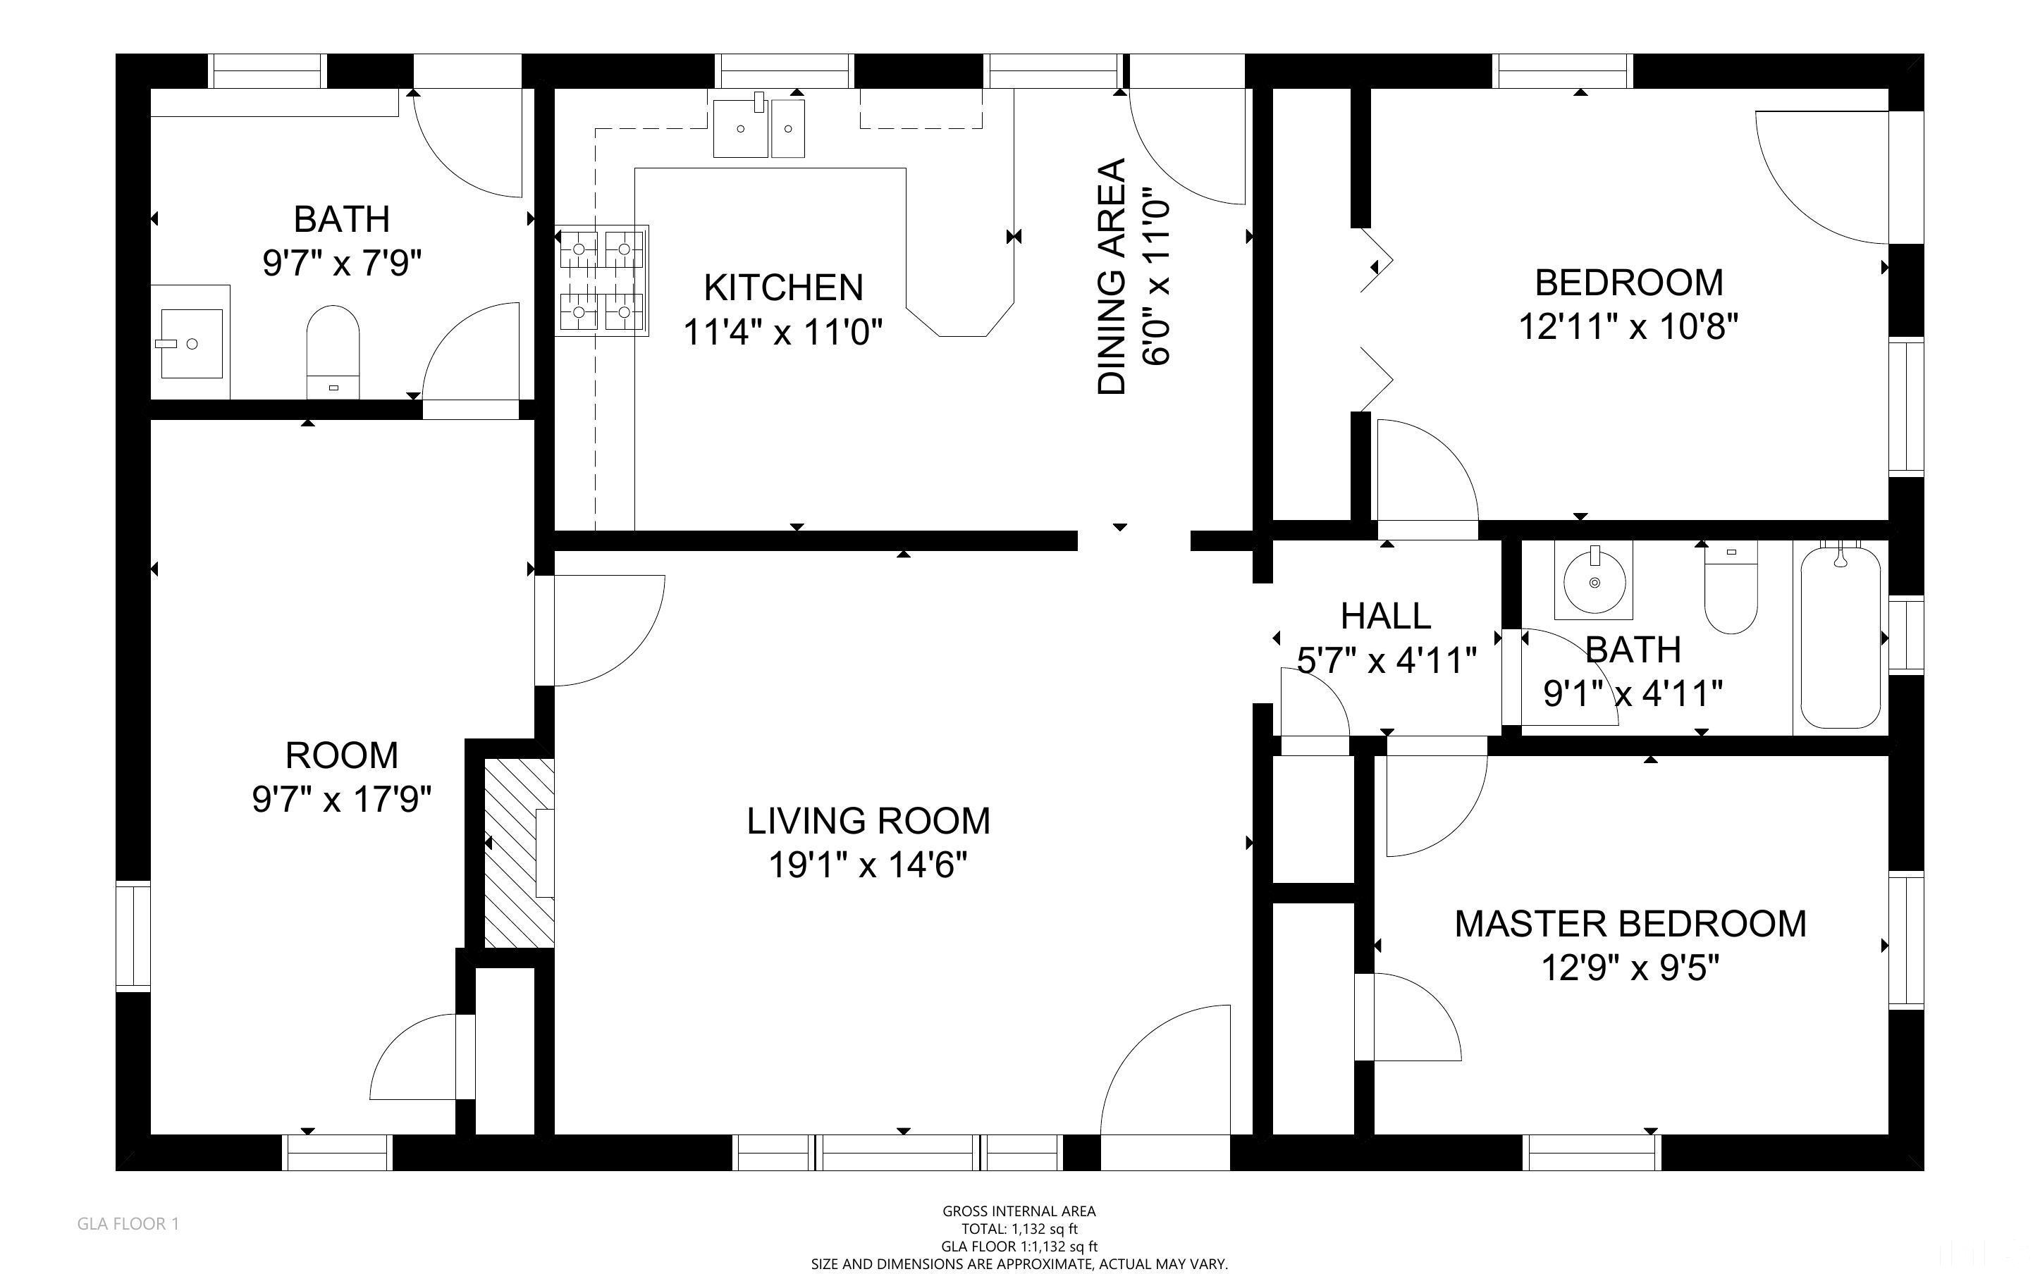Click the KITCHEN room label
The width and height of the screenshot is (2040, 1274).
pyautogui.click(x=783, y=288)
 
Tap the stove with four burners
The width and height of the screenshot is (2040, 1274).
pyautogui.click(x=601, y=280)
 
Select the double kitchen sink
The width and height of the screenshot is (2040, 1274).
pyautogui.click(x=758, y=128)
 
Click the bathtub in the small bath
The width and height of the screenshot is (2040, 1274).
pyautogui.click(x=1841, y=636)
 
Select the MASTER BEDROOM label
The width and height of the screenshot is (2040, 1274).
pyautogui.click(x=1630, y=924)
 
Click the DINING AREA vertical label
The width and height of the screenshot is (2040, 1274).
pyautogui.click(x=1112, y=276)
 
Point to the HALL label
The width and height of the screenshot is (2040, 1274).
pyautogui.click(x=1385, y=616)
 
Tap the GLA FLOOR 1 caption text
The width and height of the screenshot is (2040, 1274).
pyautogui.click(x=128, y=1223)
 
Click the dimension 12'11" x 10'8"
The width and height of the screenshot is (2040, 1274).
pyautogui.click(x=1628, y=326)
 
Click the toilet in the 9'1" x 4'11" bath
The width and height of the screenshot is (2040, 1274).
pyautogui.click(x=1731, y=590)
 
